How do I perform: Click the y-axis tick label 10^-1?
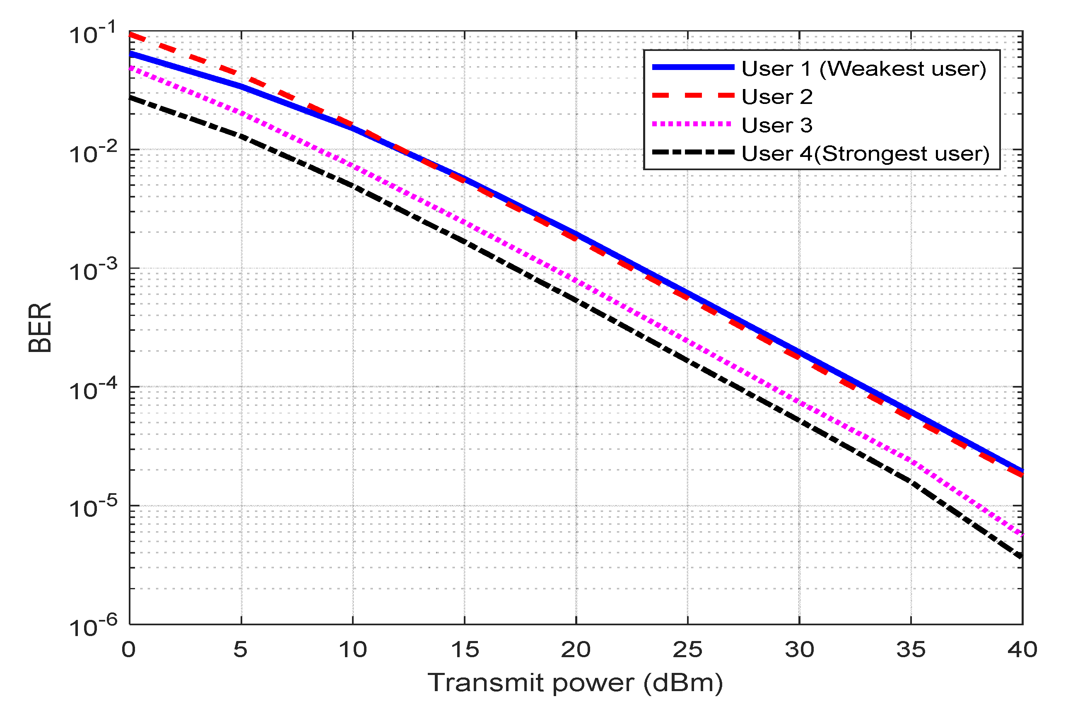click(x=93, y=34)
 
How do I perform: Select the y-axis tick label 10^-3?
click(x=93, y=271)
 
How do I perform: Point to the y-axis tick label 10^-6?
click(x=93, y=627)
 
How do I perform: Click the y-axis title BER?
click(x=40, y=328)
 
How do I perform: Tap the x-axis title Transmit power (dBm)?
click(x=575, y=683)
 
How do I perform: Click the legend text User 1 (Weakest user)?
click(x=863, y=68)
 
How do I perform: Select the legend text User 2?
click(x=777, y=96)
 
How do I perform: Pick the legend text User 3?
click(x=777, y=125)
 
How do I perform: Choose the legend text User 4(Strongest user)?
click(x=865, y=154)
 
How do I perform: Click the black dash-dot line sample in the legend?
click(x=692, y=153)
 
